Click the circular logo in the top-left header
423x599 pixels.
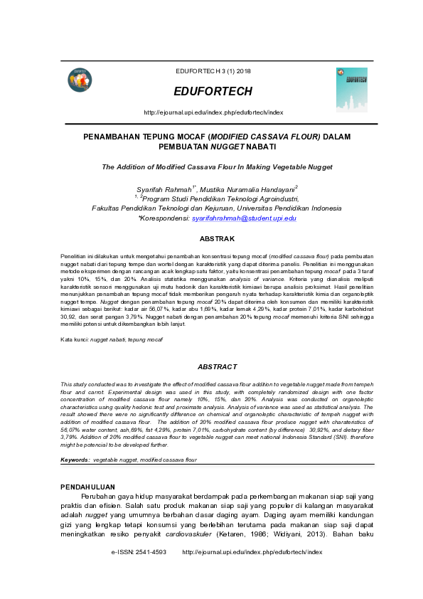click(x=80, y=81)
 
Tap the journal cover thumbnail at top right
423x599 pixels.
click(x=351, y=90)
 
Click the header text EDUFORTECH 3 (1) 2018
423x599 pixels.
click(x=213, y=71)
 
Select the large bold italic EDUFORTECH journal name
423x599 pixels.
click(x=213, y=92)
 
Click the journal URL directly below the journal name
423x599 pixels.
click(x=213, y=112)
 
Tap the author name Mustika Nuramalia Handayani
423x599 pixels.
click(x=242, y=189)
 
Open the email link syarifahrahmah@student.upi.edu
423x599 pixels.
click(x=244, y=218)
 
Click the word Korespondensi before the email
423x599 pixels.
click(x=166, y=218)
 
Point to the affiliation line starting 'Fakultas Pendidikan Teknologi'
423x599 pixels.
click(x=217, y=208)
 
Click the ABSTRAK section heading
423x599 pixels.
click(x=217, y=238)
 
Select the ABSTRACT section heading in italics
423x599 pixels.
click(x=217, y=366)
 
